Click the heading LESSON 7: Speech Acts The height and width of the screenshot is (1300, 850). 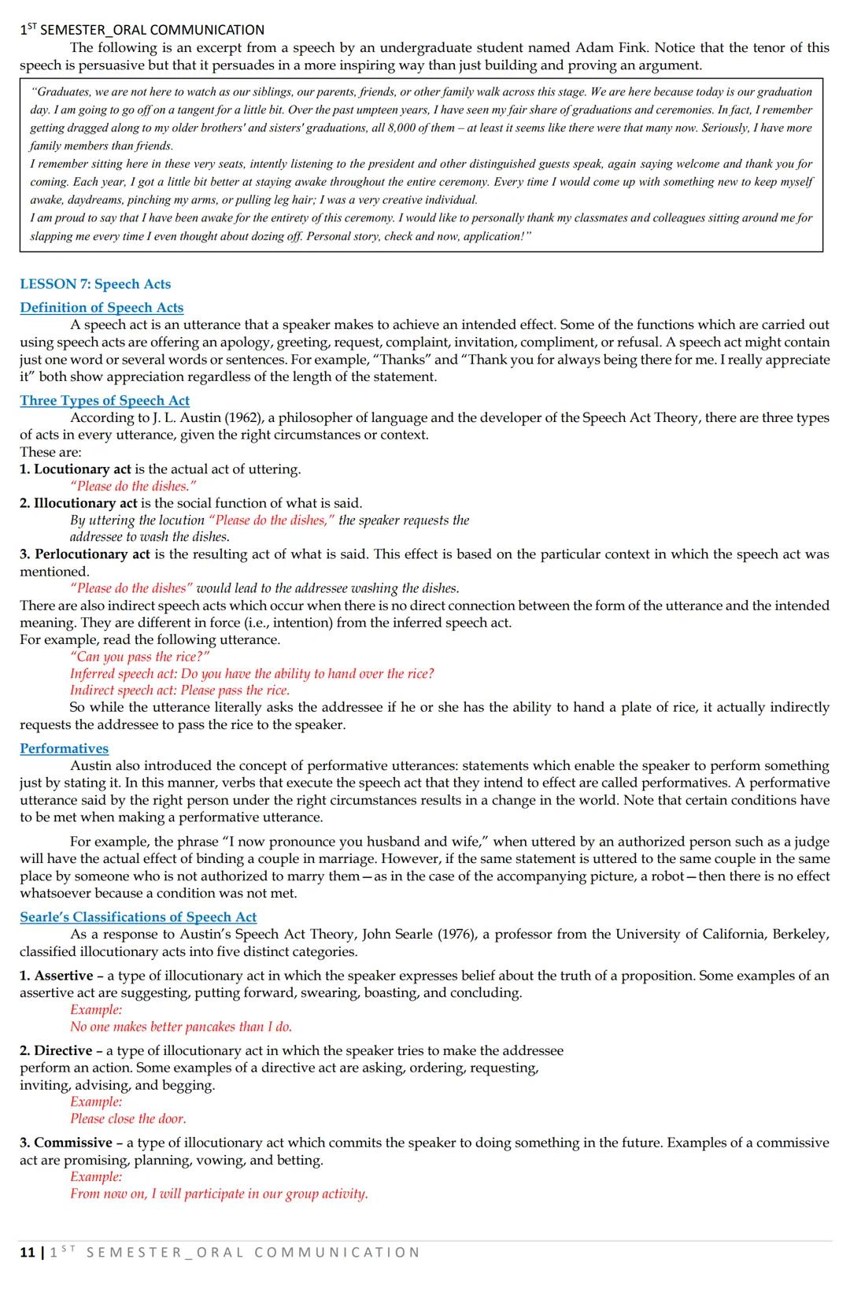coord(95,284)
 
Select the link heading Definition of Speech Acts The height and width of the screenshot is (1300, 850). coord(102,308)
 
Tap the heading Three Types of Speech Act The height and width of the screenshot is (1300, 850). coord(105,401)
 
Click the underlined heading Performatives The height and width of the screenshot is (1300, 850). coord(64,749)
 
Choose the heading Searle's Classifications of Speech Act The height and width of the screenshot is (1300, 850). coord(138,917)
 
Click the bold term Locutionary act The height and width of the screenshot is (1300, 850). coord(82,469)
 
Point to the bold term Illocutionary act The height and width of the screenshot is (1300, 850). coord(85,503)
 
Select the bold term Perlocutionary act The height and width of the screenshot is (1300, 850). coord(91,554)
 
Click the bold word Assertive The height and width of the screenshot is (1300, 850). coord(63,976)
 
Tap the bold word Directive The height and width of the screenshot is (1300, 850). coord(62,1050)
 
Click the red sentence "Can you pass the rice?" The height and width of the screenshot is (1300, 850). coord(140,657)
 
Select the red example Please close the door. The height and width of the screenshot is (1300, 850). coord(128,1119)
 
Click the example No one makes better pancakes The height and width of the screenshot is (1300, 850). coord(180,1027)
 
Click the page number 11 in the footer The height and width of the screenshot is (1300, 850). coord(27,1252)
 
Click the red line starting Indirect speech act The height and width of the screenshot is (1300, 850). coord(179,691)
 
